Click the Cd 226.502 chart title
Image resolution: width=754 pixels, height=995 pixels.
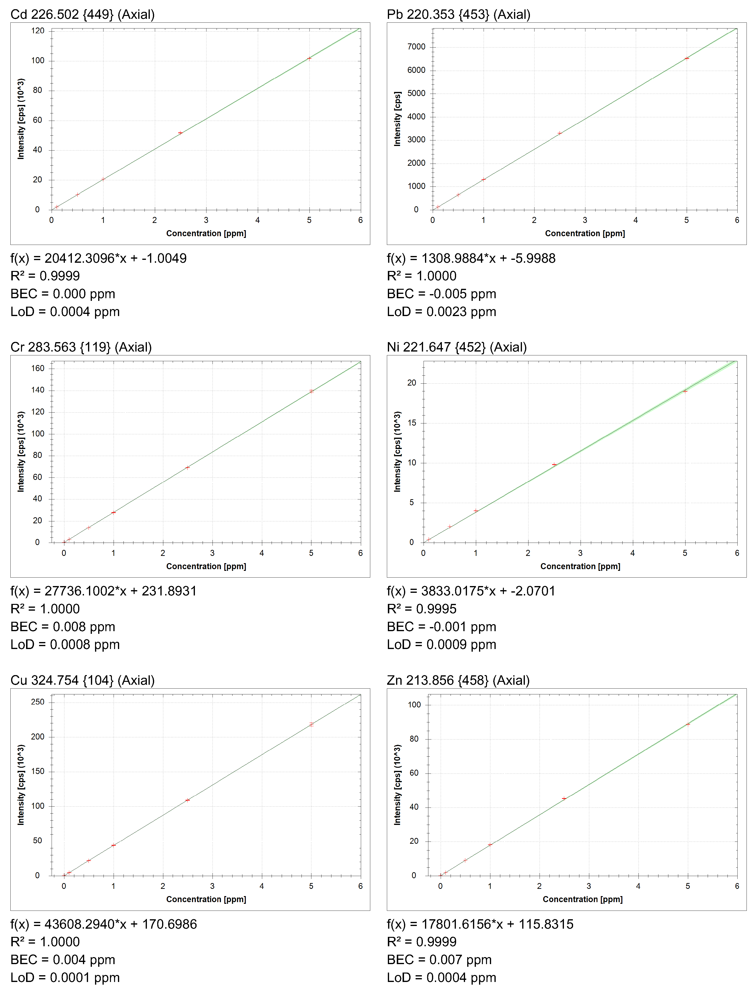pyautogui.click(x=82, y=14)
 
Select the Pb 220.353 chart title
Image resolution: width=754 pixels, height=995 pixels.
pyautogui.click(x=458, y=14)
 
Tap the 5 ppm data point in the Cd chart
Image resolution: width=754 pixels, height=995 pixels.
pyautogui.click(x=309, y=58)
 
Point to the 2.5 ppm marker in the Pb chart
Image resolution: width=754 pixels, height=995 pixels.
pyautogui.click(x=559, y=133)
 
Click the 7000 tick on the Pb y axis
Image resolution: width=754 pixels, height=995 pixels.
pyautogui.click(x=416, y=47)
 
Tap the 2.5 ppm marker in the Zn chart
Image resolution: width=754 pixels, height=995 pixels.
pyautogui.click(x=564, y=798)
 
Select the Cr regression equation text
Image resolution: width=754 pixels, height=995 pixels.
pyautogui.click(x=103, y=591)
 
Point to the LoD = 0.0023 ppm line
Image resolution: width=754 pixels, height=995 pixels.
pyautogui.click(x=441, y=312)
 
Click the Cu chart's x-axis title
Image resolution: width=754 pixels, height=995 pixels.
pyautogui.click(x=206, y=899)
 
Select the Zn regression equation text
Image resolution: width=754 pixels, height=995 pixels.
pyautogui.click(x=480, y=924)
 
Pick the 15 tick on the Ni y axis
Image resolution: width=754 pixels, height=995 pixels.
pyautogui.click(x=411, y=423)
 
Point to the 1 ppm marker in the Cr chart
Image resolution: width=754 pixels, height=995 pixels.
pyautogui.click(x=113, y=512)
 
